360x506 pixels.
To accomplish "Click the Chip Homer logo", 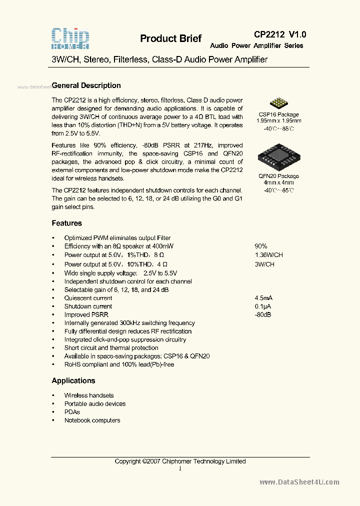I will coord(70,37).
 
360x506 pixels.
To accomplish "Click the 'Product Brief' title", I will coord(170,38).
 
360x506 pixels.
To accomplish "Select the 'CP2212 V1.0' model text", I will coord(280,34).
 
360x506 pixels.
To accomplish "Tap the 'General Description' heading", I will coord(86,85).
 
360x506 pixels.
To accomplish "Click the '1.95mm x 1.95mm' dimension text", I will coord(278,121).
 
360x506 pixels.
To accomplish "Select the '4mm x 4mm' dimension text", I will coord(278,183).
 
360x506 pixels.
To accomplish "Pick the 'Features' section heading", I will coord(66,223).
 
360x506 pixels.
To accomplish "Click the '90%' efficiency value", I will coord(261,246).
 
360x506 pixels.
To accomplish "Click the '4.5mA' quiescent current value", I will coord(263,298).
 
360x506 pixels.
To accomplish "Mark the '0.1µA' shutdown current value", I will coord(263,306).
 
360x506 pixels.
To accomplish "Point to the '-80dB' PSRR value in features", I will coord(262,315).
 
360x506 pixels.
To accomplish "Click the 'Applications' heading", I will coord(73,380).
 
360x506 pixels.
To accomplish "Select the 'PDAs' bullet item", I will coord(72,412).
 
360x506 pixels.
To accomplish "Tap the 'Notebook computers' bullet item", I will coord(92,420).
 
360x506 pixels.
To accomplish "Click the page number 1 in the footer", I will coord(180,468).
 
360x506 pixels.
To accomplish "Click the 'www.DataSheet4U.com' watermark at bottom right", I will coord(299,482).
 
